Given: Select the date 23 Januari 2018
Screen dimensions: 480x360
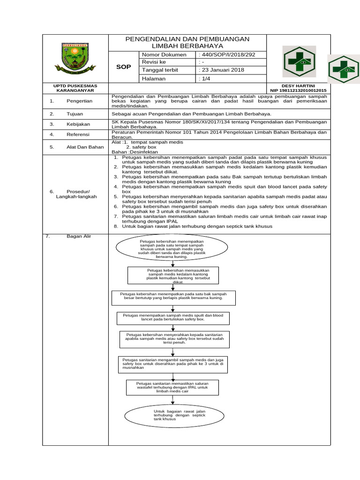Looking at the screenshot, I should click(x=222, y=70).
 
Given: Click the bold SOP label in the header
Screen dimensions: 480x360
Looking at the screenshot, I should click(x=123, y=67).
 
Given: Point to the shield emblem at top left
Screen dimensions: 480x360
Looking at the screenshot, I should click(x=75, y=60).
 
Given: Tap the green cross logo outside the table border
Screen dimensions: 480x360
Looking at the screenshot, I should click(x=343, y=69).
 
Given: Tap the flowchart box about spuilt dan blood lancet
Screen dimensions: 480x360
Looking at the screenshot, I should click(x=173, y=318).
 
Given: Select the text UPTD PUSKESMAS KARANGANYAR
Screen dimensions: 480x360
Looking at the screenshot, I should click(x=75, y=88).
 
